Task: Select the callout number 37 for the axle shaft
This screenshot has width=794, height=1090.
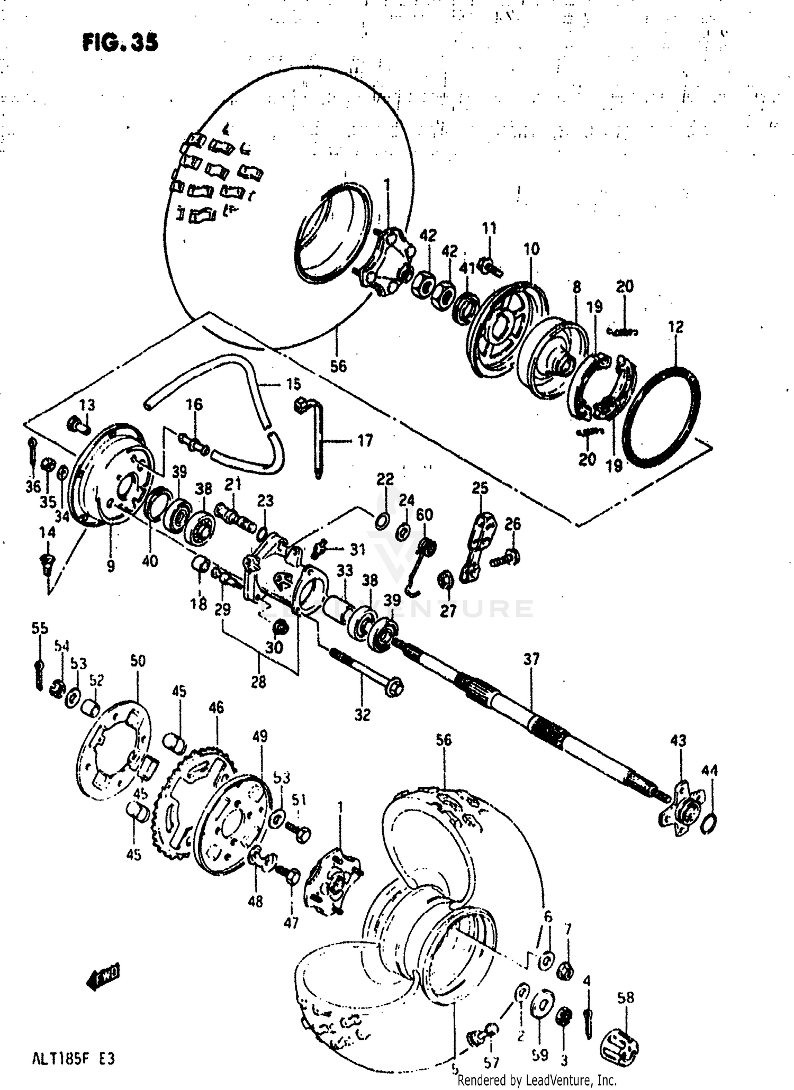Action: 531,659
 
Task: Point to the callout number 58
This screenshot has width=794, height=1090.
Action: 625,998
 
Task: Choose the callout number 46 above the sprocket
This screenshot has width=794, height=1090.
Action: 216,707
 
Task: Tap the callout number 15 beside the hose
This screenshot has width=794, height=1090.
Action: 293,384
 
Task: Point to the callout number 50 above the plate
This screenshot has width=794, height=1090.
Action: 138,661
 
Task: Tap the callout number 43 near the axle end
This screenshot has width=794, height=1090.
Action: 678,741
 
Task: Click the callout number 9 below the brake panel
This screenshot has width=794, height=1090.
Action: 110,566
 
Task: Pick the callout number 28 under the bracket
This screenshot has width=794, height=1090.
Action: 259,683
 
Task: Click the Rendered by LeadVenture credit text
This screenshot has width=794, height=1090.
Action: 537,1080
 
